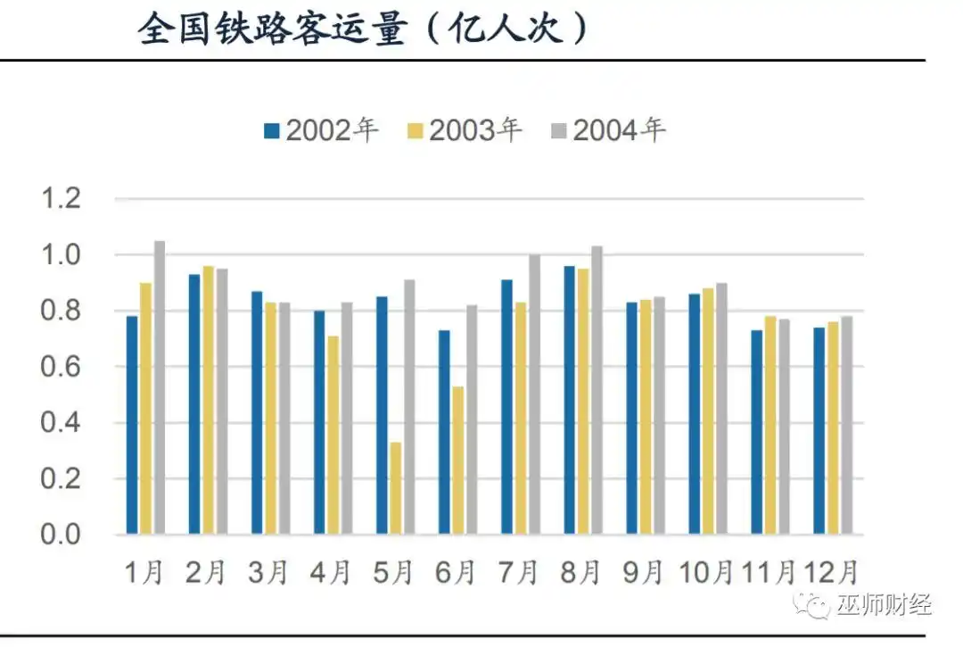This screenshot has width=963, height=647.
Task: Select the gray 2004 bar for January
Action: [x=160, y=387]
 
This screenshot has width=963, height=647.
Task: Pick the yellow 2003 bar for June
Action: [x=457, y=460]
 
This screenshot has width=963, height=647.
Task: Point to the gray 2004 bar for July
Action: [x=534, y=394]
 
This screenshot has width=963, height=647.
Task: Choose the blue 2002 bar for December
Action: [x=819, y=431]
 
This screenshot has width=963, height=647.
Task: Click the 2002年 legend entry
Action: [x=321, y=130]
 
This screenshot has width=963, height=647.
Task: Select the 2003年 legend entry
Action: [x=465, y=130]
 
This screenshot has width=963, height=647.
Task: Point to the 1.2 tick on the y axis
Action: [x=62, y=199]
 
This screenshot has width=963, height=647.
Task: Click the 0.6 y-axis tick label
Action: [x=62, y=367]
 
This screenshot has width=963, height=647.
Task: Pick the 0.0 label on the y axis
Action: [x=62, y=535]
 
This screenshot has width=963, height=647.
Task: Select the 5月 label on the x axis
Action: [x=395, y=572]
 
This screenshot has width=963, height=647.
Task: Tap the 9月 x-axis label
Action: [x=645, y=572]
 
